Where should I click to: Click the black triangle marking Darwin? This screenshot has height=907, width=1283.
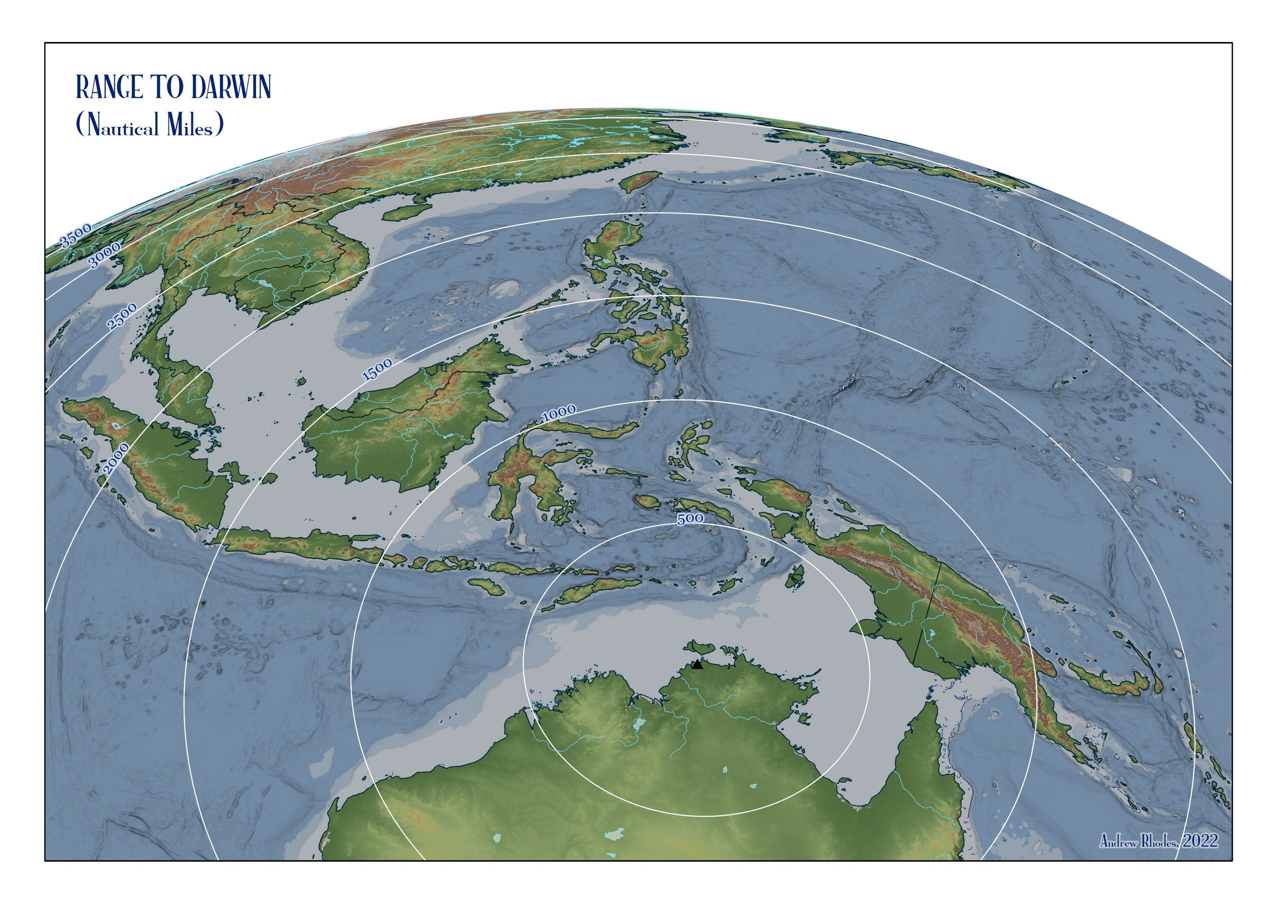(697, 664)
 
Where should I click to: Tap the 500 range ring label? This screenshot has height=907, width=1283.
(690, 519)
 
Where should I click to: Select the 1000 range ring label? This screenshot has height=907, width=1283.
(559, 413)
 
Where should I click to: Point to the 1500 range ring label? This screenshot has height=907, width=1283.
(377, 370)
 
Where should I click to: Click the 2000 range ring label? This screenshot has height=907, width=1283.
(117, 458)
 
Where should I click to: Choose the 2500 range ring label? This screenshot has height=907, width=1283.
(122, 316)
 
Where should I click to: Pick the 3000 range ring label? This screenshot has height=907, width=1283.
(105, 256)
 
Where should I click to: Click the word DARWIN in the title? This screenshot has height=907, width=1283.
(231, 87)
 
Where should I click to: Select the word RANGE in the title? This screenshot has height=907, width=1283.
(110, 87)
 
